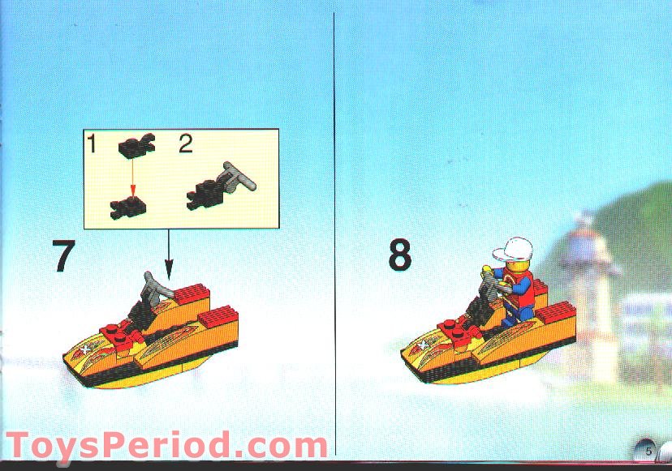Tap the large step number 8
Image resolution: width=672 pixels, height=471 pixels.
click(399, 257)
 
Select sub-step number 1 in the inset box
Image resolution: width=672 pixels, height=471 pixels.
click(92, 145)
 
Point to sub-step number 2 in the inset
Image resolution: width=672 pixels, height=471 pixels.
click(186, 145)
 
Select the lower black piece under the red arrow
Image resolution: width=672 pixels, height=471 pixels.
click(128, 208)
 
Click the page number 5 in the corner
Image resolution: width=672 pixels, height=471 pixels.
click(648, 448)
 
